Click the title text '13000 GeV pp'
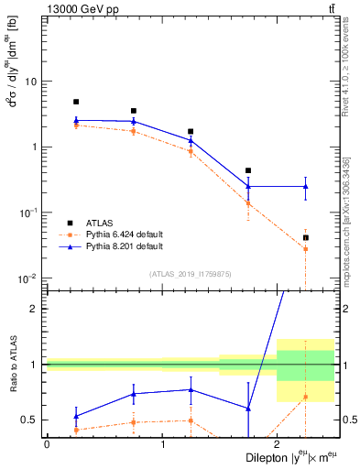point(78,9)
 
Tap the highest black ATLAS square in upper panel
point(76,102)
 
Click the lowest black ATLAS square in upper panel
point(306,238)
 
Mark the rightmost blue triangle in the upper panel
point(306,186)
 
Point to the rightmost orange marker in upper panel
point(306,249)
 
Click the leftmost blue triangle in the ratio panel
point(76,416)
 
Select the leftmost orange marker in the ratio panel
point(76,430)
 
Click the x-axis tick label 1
point(163,444)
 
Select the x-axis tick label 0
point(47,444)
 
